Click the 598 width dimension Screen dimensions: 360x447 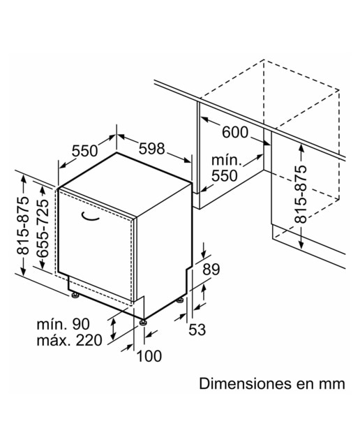[152, 149]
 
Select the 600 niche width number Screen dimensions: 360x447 [235, 132]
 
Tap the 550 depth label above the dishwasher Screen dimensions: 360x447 [84, 151]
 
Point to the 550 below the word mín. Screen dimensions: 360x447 [225, 175]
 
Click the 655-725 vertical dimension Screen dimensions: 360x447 [41, 228]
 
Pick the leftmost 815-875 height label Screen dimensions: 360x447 [23, 225]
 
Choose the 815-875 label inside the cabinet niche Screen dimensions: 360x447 [301, 194]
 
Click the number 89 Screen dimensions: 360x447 [211, 270]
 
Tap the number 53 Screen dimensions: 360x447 [197, 330]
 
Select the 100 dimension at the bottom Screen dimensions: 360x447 [149, 356]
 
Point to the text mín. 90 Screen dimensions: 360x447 [63, 324]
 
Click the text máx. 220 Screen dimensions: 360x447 [69, 340]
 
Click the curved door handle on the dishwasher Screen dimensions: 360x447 [90, 217]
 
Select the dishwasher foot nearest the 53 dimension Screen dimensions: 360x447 [180, 300]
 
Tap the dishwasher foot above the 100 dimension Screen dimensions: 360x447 [143, 322]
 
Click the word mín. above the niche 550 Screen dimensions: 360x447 [226, 160]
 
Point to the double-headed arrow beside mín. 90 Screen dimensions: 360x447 [113, 328]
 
